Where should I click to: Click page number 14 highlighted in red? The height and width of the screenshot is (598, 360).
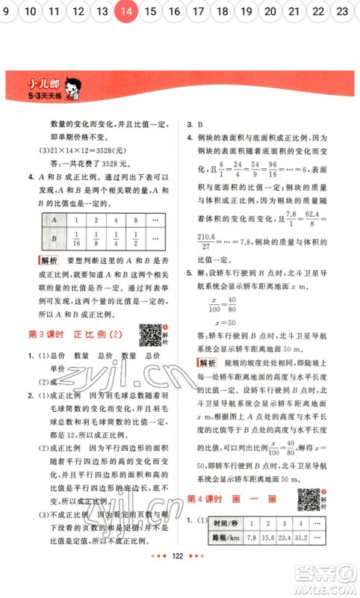click(x=127, y=11)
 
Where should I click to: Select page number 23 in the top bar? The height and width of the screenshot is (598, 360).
click(x=342, y=11)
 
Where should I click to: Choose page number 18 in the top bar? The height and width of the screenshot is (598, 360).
click(x=222, y=11)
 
